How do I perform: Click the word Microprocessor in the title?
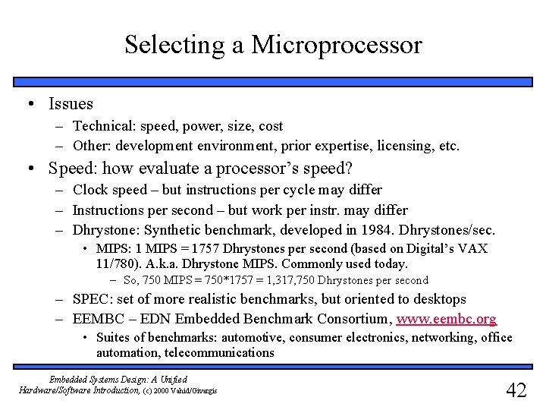pos(336,45)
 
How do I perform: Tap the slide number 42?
pos(516,390)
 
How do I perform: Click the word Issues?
pos(71,103)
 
